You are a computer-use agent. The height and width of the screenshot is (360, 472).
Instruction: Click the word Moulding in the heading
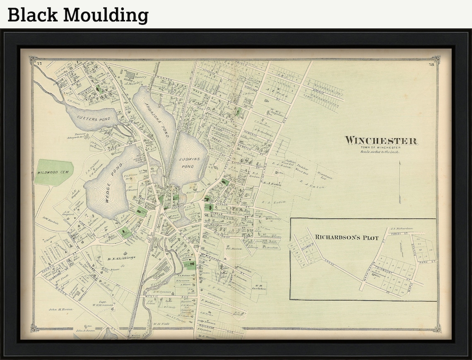tap(106, 15)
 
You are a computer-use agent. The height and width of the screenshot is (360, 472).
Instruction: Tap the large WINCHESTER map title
tap(381, 141)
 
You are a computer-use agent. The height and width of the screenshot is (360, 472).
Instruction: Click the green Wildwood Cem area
tap(54, 172)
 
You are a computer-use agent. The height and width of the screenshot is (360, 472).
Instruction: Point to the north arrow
tap(400, 182)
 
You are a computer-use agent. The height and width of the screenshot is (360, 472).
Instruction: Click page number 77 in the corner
tap(39, 63)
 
